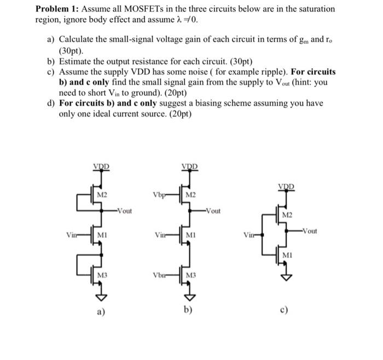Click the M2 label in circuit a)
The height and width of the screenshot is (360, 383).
102,195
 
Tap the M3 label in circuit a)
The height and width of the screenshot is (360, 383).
102,274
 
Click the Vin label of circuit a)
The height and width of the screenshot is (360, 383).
71,235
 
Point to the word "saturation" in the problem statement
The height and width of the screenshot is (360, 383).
316,9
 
